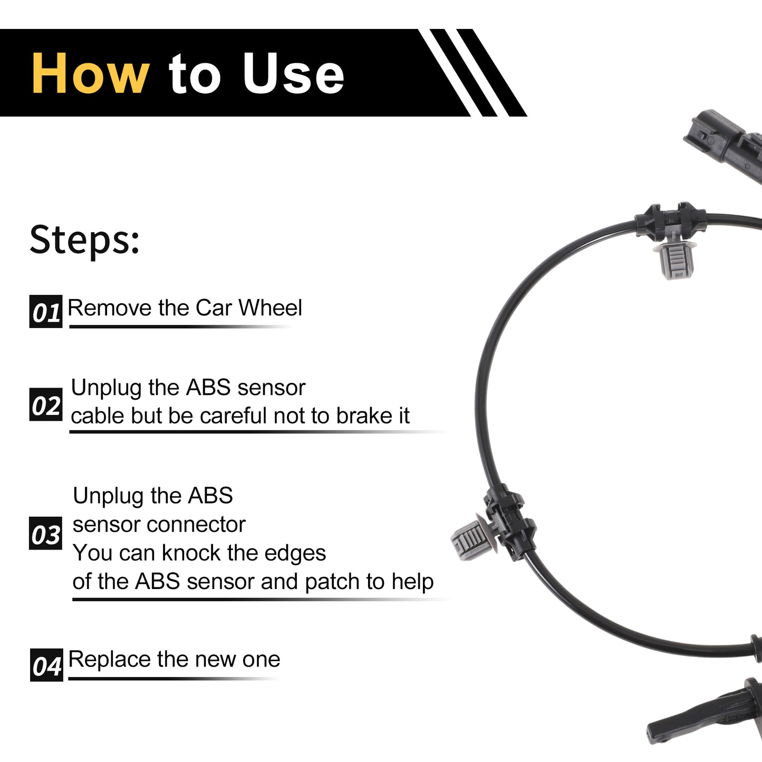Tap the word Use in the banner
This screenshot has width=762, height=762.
tap(294, 73)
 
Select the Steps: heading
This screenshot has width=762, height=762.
tap(84, 240)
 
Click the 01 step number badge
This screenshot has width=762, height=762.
tap(46, 311)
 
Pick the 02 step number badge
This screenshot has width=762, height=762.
tap(46, 404)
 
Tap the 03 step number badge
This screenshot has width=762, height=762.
tap(45, 534)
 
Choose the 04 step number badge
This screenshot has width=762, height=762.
tap(46, 665)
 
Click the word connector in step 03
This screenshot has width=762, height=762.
tap(196, 525)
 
